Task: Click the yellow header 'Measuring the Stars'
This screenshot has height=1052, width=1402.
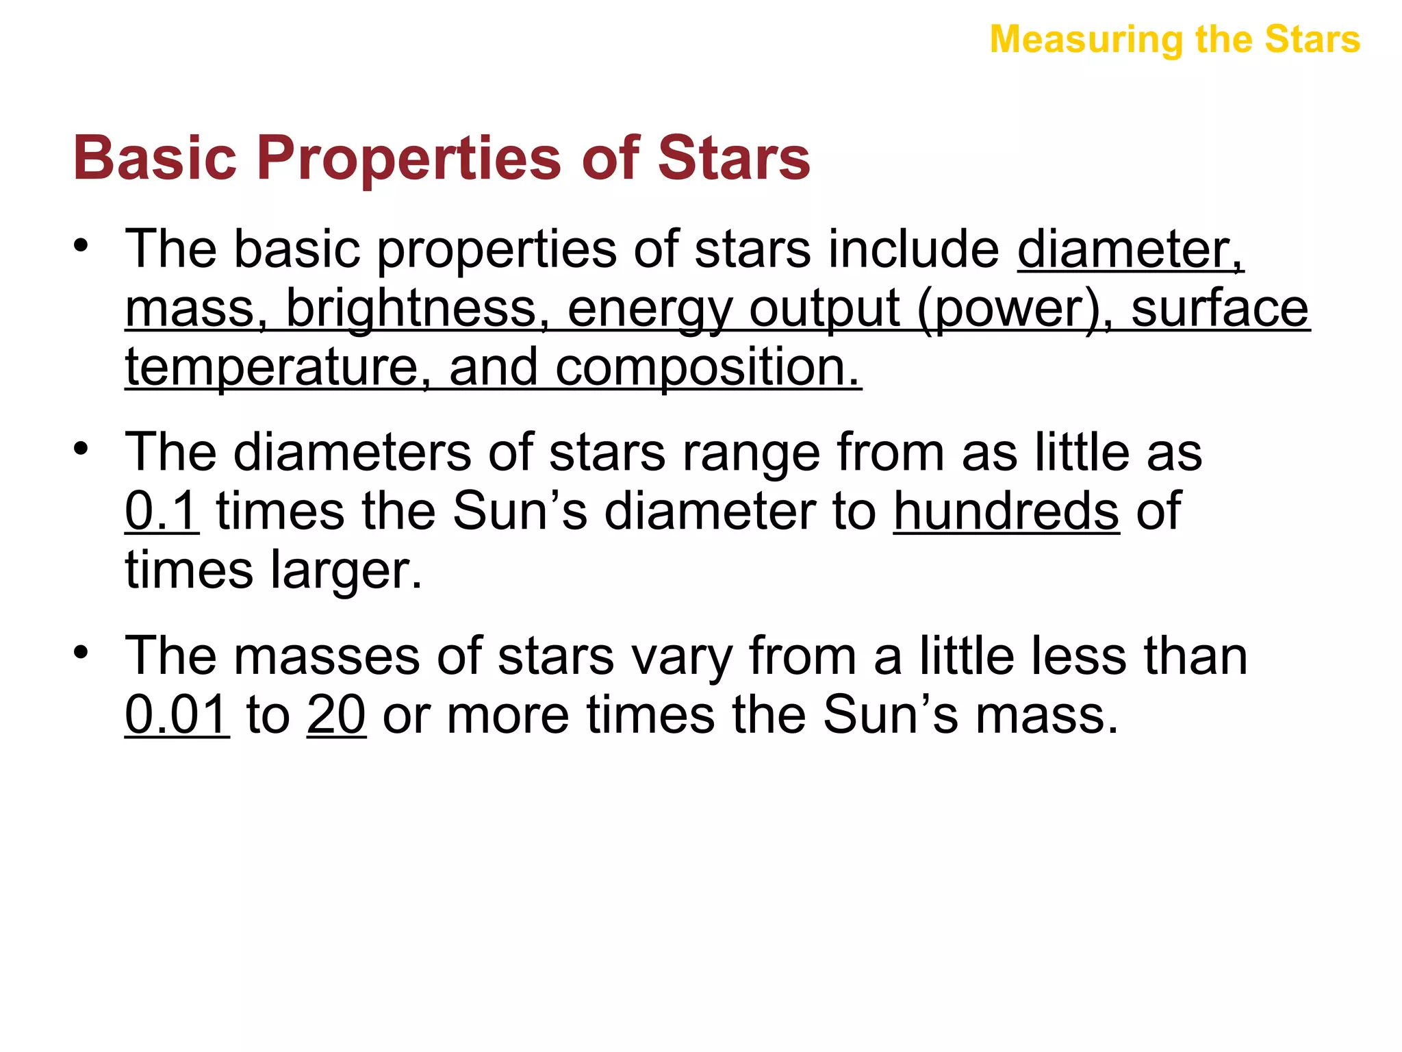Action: [x=1175, y=40]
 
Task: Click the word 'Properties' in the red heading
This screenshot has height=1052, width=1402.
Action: [x=410, y=159]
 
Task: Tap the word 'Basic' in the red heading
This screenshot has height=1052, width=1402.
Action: [x=155, y=159]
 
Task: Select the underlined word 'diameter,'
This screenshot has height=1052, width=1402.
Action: [x=1130, y=249]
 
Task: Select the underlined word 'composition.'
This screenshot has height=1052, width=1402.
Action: [x=707, y=368]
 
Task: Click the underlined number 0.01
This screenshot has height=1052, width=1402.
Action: [x=177, y=715]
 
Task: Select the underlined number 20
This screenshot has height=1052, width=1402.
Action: [x=336, y=715]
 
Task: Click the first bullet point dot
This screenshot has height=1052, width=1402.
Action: [x=81, y=245]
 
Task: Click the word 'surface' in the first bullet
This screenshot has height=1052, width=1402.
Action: [x=1219, y=309]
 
